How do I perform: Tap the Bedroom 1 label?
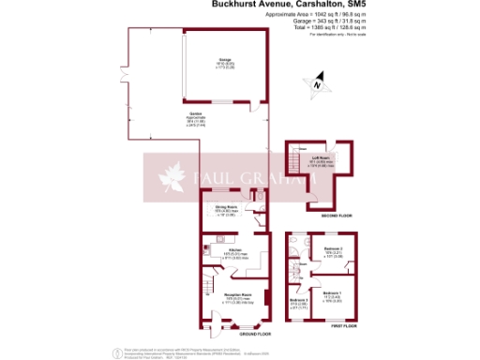[330, 294]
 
